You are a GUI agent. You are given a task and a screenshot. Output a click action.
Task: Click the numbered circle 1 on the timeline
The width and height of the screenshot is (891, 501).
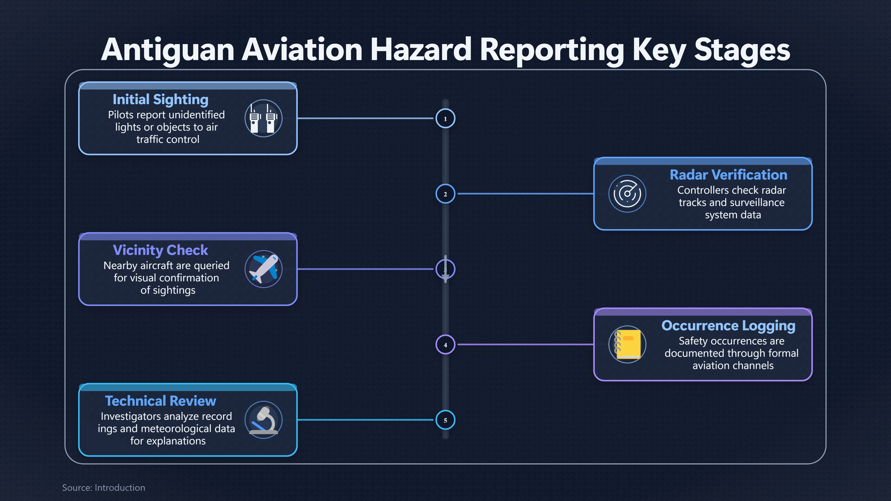445,119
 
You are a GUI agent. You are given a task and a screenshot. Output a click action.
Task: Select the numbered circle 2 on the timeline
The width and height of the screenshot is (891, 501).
445,194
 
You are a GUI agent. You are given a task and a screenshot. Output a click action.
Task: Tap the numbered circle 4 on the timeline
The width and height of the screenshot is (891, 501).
445,345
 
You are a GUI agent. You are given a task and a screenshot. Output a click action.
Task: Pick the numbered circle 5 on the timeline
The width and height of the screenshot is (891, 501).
445,420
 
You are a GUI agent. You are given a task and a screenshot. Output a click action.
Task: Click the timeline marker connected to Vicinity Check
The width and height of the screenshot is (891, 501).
445,269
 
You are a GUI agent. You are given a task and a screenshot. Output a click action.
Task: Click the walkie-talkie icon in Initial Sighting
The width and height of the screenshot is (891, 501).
264,118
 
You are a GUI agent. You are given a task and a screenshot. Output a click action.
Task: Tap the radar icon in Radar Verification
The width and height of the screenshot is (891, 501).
627,194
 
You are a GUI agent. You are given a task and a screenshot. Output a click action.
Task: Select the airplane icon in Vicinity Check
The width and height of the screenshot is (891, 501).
264,269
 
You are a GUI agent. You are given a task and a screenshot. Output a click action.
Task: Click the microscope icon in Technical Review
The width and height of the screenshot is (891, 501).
264,420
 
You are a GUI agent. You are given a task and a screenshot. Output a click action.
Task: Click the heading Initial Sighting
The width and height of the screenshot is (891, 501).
161,100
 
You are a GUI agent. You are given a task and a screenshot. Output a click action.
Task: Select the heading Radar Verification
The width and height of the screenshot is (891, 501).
728,175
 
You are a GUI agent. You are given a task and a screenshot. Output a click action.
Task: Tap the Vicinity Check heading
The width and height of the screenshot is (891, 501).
161,250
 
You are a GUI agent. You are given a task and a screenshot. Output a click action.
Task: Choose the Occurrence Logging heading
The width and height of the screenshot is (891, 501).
728,326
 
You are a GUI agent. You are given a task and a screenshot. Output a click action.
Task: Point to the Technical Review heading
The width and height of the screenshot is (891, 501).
161,401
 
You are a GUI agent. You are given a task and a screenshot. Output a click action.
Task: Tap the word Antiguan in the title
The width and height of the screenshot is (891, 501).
168,51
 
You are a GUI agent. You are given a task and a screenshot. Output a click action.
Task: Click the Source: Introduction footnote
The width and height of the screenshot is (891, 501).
103,488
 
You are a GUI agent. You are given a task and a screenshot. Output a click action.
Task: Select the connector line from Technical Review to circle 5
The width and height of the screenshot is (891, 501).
365,420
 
